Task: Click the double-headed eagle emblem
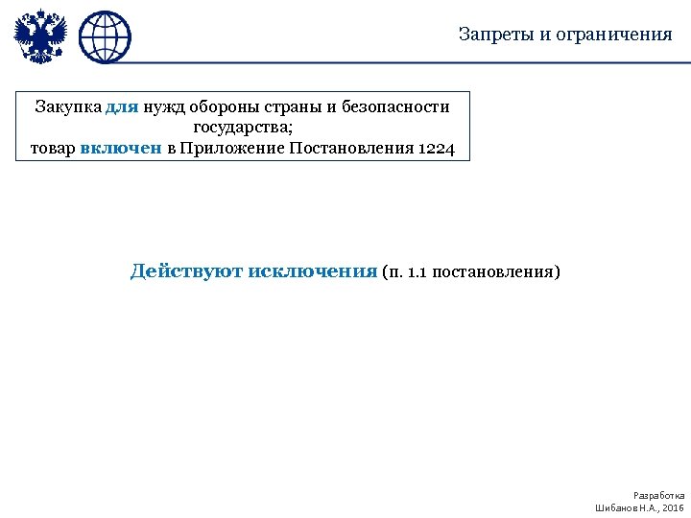pos(41,36)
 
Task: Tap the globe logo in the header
pos(105,37)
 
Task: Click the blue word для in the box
pos(122,106)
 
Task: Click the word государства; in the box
pos(243,128)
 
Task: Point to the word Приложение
pos(230,149)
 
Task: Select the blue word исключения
pos(313,271)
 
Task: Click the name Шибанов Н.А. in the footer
pos(624,506)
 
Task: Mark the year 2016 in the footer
pos(674,506)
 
